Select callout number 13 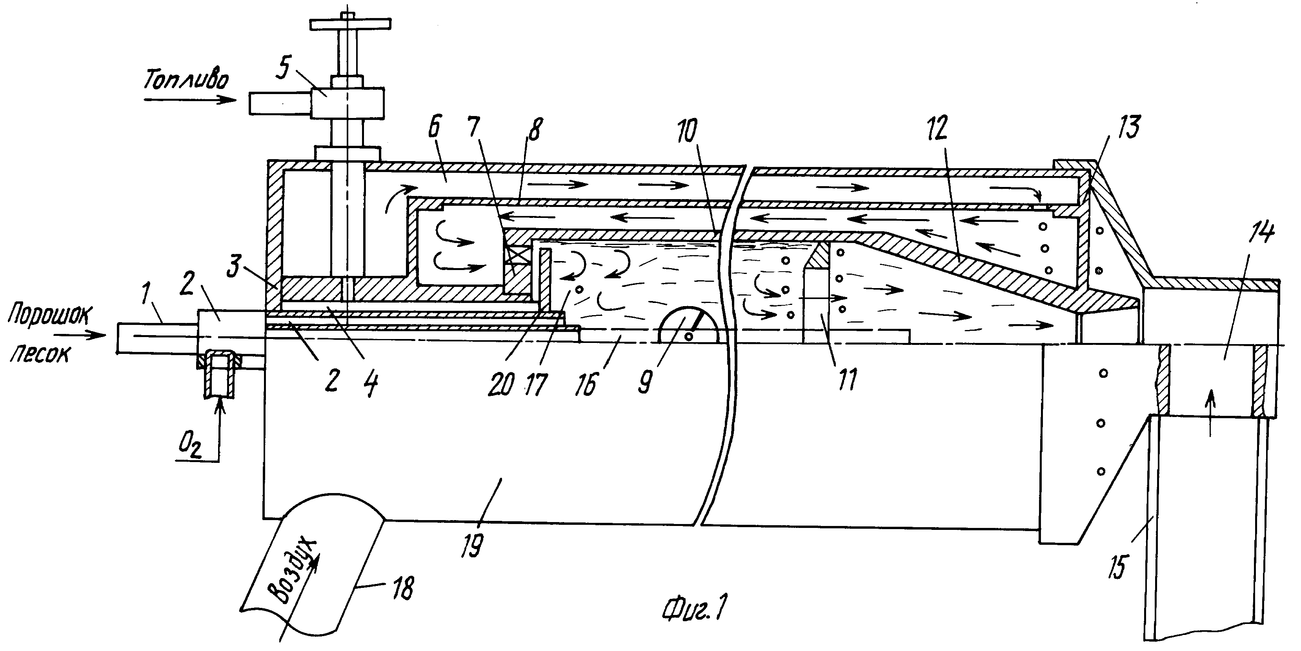click(x=1127, y=127)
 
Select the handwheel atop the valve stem click(x=351, y=24)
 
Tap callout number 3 click(x=233, y=267)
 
